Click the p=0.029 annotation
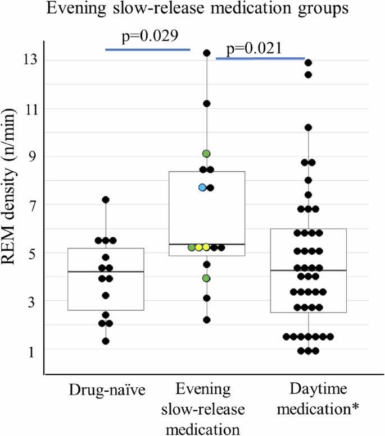[x=150, y=37]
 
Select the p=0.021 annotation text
[x=254, y=49]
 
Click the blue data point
[x=202, y=187]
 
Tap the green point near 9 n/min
[x=206, y=153]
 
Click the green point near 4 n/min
[x=206, y=278]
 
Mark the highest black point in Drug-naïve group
[x=105, y=200]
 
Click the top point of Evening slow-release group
[x=206, y=53]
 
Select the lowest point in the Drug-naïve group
[x=105, y=341]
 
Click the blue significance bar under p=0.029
[x=148, y=49]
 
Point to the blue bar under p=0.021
[x=260, y=58]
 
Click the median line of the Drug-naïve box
[x=105, y=272]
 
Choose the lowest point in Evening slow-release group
[x=206, y=320]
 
